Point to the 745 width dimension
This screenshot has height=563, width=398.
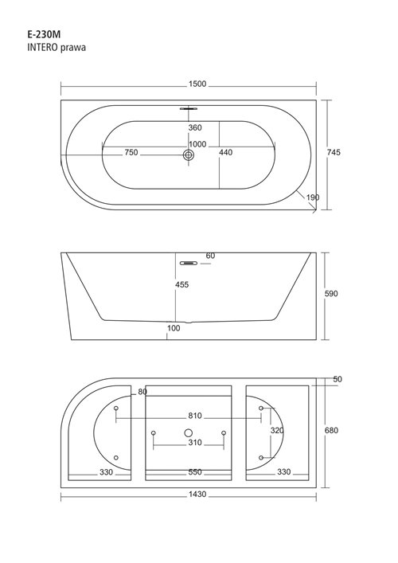(x=345, y=154)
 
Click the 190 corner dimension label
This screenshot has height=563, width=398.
(x=312, y=197)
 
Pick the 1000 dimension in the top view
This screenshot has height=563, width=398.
(x=198, y=144)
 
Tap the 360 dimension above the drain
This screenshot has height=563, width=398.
(x=195, y=127)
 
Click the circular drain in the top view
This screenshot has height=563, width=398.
(x=189, y=155)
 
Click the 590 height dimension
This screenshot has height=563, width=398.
(x=331, y=294)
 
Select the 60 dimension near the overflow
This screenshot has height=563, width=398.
(x=210, y=256)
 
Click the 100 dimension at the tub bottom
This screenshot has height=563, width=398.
(x=174, y=328)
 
